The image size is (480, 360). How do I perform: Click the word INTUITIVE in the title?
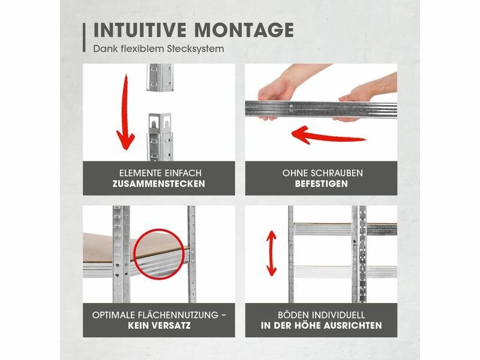point(140,30)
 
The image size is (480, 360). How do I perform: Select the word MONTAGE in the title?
point(244,30)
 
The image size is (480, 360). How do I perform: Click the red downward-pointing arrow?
point(125,113)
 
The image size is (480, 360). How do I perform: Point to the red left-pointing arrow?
point(328,136)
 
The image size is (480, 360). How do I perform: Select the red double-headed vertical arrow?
point(271,253)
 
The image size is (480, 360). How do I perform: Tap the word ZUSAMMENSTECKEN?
point(158,184)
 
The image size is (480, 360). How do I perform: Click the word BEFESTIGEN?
point(322,184)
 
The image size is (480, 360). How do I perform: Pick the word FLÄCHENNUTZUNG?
point(178,314)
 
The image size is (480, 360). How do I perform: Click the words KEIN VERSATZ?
point(159,325)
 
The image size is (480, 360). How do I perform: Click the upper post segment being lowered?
point(160,77)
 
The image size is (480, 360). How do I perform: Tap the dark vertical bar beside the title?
point(84,38)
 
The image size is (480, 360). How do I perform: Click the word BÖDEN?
point(293,315)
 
